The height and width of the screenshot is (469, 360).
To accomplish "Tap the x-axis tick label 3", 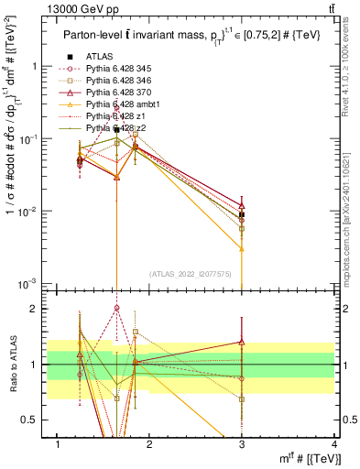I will point(242,444).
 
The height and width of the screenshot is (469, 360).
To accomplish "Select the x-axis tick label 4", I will point(333,444).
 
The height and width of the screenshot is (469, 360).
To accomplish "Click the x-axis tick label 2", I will point(149,444).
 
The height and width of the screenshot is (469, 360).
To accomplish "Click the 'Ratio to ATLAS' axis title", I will point(11,365).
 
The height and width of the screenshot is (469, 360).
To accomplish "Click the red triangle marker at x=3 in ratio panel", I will point(242,342).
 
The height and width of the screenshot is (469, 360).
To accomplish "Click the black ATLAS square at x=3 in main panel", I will point(242,214).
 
